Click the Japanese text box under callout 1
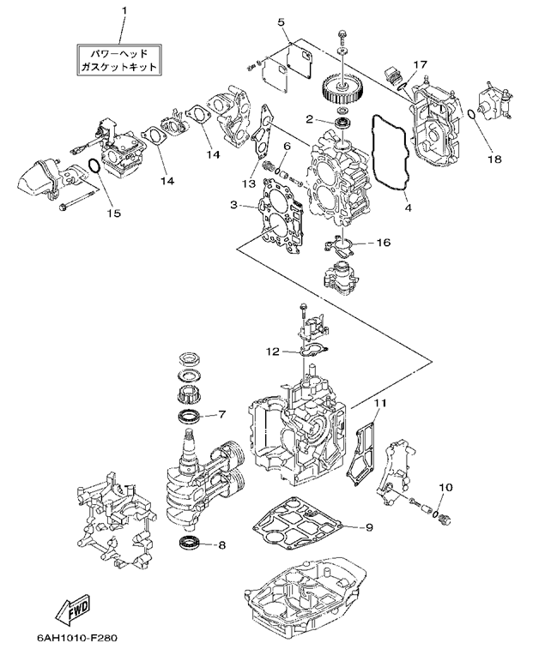tap(121, 58)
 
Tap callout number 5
tap(281, 20)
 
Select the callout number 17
tap(420, 64)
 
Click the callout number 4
tap(407, 207)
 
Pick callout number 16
tap(383, 243)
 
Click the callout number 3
tap(233, 205)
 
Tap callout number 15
tap(109, 210)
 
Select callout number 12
tap(271, 351)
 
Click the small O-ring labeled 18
tap(470, 115)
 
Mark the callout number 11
tap(378, 402)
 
